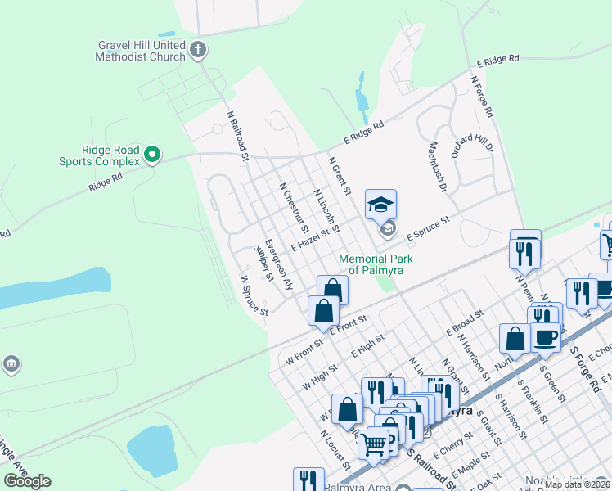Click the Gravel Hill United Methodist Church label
(140, 51)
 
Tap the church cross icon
(196, 52)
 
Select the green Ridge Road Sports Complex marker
(151, 154)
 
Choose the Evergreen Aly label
(278, 265)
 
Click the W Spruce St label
(253, 295)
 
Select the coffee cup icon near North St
(546, 336)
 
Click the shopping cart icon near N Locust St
(373, 445)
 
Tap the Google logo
(27, 481)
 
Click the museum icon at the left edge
(11, 364)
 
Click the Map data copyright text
(576, 484)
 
